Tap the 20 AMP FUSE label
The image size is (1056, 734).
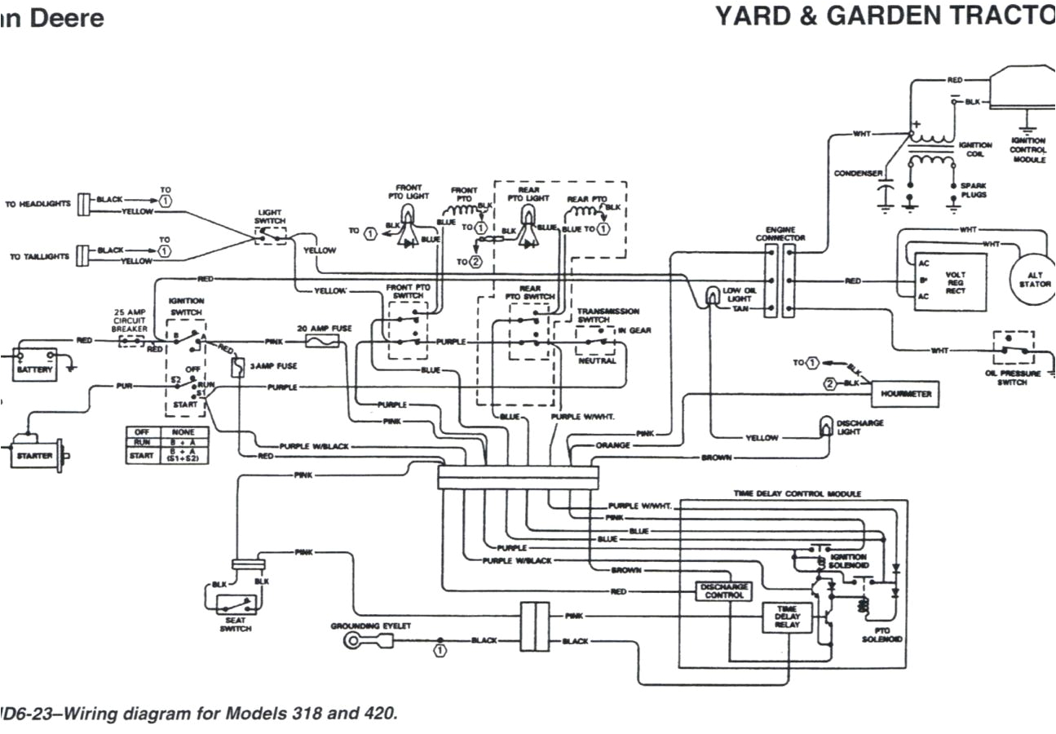point(324,328)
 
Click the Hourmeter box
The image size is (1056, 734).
point(905,393)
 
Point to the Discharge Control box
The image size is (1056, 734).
point(723,591)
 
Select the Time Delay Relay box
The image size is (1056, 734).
point(787,617)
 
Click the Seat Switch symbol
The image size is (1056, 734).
point(235,605)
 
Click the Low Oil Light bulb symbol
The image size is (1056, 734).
point(712,293)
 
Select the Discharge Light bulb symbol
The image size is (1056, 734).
point(825,425)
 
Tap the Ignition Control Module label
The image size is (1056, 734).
point(1027,150)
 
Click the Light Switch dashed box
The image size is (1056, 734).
point(270,235)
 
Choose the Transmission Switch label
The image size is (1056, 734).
point(608,316)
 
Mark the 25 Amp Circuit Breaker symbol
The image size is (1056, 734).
point(130,339)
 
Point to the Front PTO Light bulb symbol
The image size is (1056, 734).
point(409,214)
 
